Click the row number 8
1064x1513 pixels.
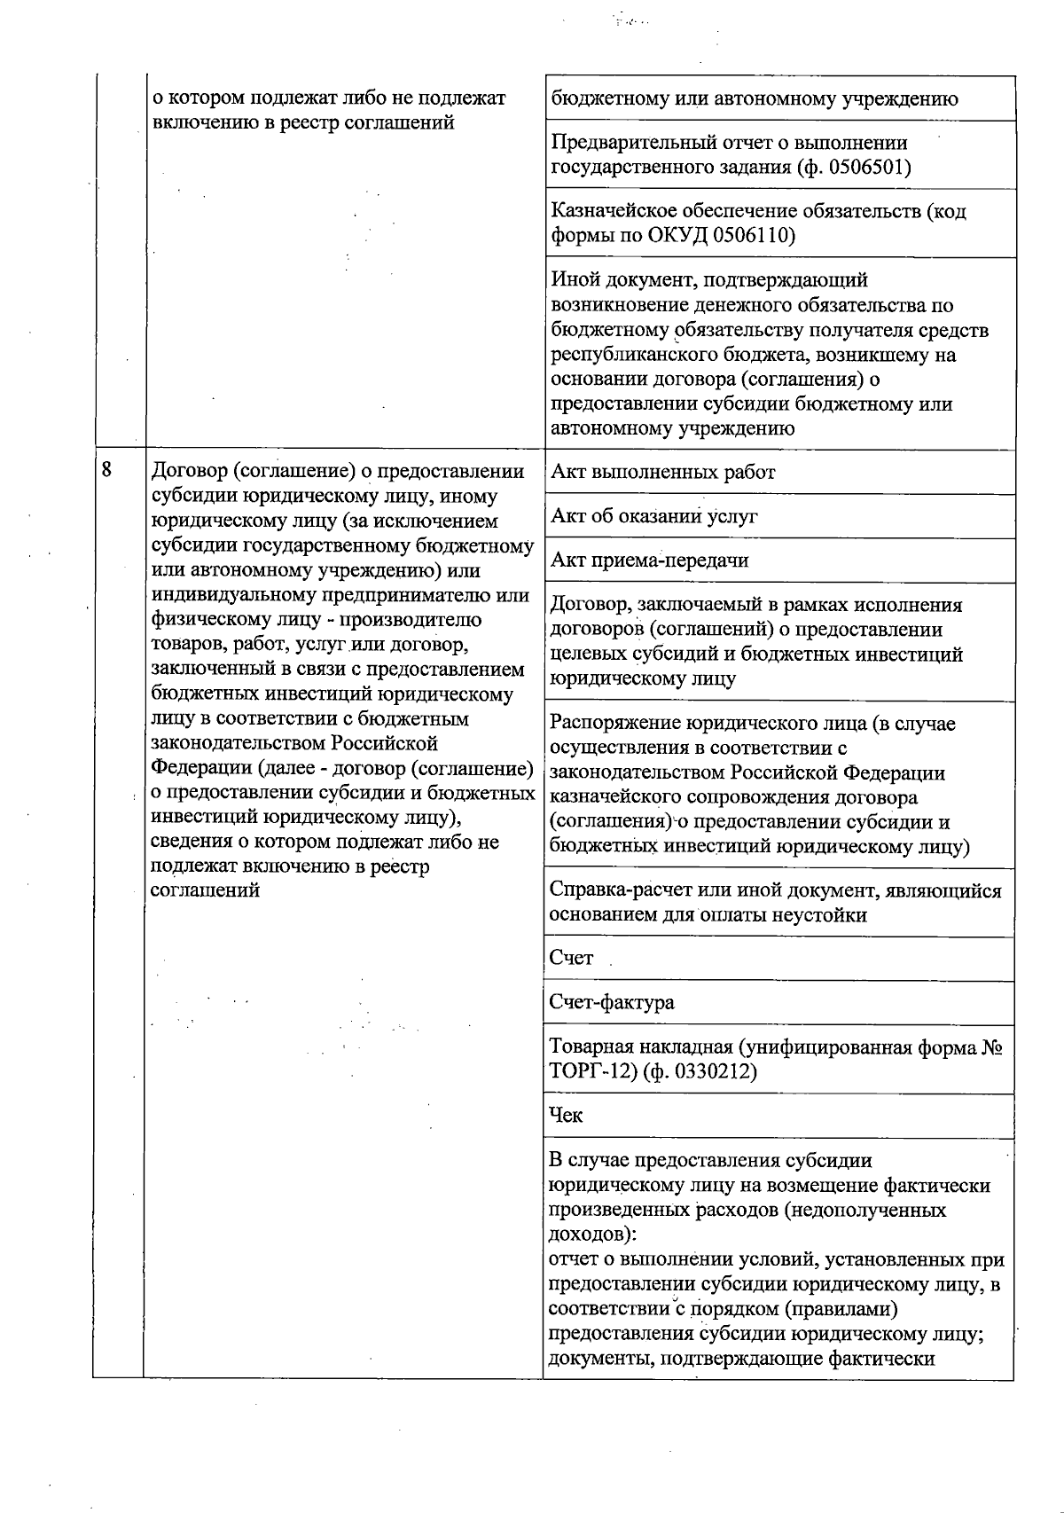[x=106, y=470]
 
